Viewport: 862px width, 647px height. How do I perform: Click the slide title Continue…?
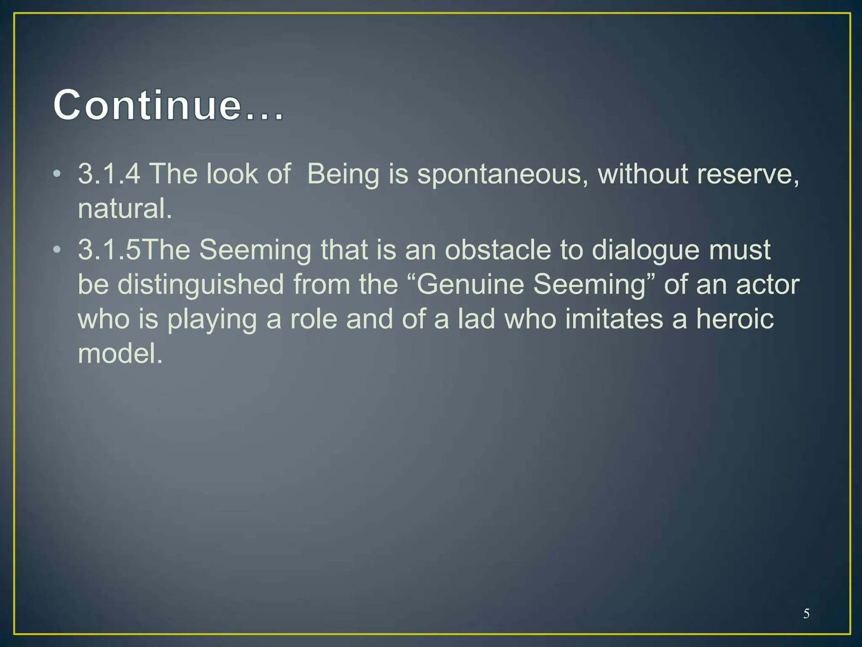168,105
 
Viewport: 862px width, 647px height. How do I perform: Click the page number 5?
806,613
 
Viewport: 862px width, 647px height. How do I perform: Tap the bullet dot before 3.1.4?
57,174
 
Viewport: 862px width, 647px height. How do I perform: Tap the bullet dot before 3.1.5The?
57,250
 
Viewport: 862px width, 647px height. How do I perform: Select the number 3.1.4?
109,174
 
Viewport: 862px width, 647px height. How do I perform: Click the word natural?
125,209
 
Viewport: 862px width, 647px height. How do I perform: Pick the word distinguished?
200,285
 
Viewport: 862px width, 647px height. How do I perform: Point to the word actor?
767,284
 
